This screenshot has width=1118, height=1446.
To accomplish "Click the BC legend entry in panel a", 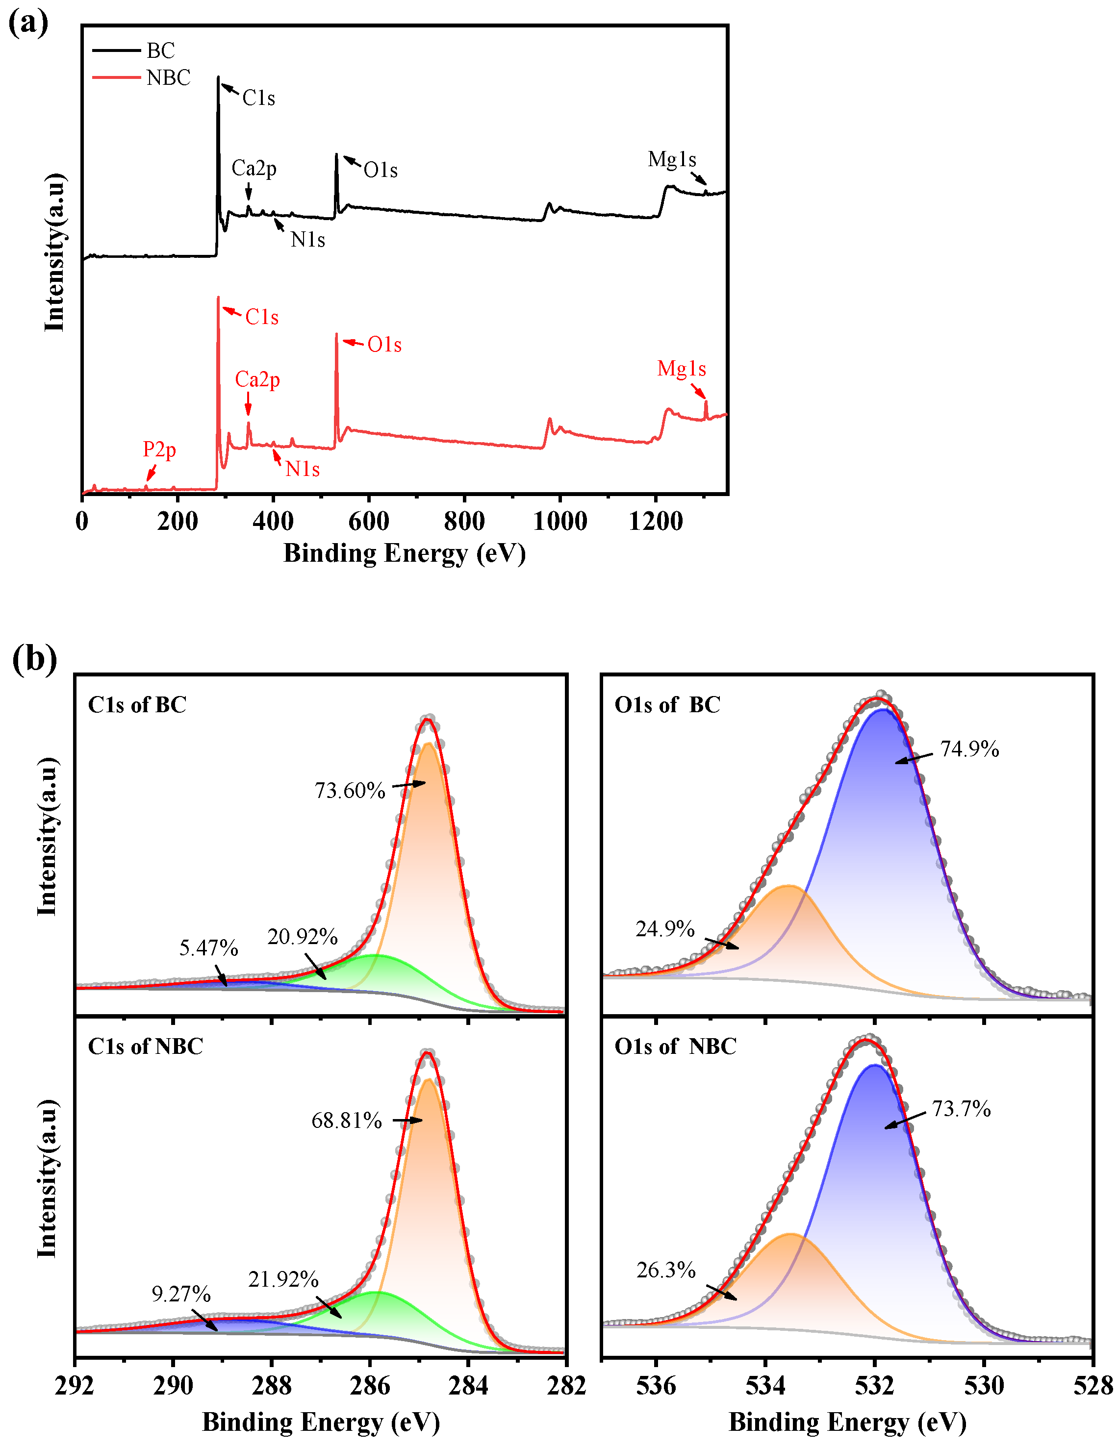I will click(160, 51).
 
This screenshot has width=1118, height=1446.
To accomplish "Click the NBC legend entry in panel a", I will click(168, 78).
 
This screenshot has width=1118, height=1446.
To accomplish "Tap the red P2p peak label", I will click(160, 449).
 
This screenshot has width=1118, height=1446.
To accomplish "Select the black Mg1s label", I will click(672, 160).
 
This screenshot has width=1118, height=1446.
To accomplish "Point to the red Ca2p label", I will click(257, 379).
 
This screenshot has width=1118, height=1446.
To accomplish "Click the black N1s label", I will click(307, 240).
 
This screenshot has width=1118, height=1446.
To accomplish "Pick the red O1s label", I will click(384, 345).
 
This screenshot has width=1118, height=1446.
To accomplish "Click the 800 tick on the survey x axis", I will click(464, 522).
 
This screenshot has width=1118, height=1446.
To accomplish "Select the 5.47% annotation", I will click(208, 948).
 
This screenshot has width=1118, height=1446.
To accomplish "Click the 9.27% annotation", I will click(181, 1294).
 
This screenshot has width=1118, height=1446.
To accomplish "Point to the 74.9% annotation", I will click(969, 749).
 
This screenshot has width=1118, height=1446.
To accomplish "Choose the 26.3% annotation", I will click(665, 1271).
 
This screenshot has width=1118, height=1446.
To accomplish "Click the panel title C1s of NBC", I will click(146, 1046).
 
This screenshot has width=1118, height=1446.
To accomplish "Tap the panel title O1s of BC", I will click(667, 704).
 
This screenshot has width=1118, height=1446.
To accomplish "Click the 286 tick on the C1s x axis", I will click(370, 1386).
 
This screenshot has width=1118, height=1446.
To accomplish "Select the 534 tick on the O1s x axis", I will click(765, 1386).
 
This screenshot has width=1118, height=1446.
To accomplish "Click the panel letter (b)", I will click(34, 659).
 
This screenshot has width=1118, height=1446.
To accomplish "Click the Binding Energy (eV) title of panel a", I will click(404, 553).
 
